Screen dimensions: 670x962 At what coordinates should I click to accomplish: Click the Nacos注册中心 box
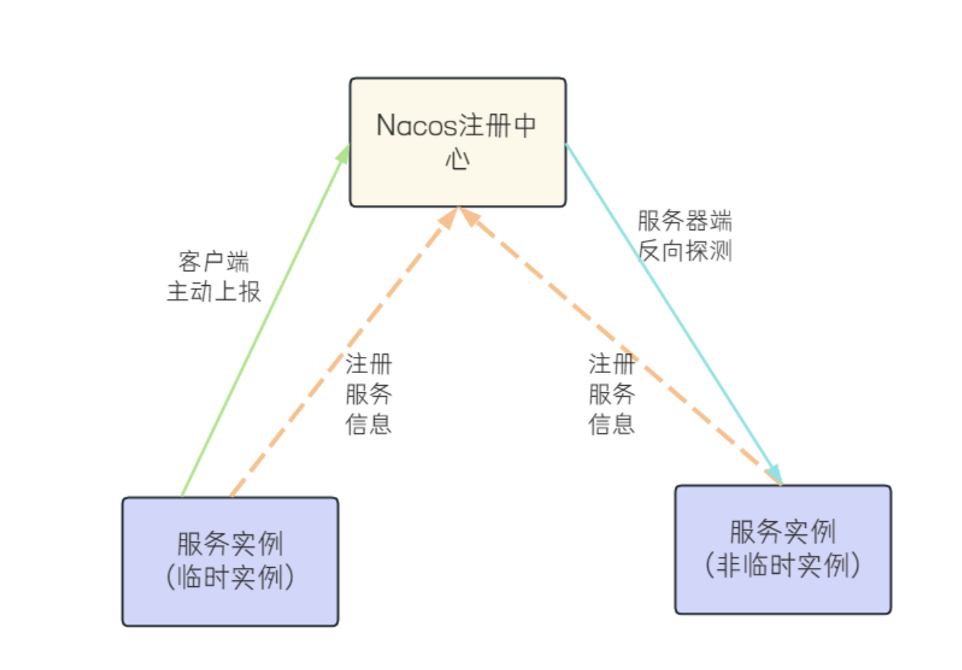click(458, 142)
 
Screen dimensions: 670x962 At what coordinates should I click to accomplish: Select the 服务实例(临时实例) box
click(230, 561)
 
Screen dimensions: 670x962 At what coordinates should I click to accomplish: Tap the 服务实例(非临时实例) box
click(783, 549)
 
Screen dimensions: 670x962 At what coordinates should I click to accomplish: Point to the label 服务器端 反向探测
click(685, 236)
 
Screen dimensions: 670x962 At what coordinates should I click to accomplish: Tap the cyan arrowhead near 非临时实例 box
click(774, 472)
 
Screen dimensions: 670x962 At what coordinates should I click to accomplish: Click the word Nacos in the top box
click(417, 126)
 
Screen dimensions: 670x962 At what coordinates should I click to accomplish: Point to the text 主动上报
click(214, 292)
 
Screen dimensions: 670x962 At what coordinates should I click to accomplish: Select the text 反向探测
click(685, 251)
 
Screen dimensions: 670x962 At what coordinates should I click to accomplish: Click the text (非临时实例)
click(783, 566)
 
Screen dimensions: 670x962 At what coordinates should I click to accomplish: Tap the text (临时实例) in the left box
click(230, 578)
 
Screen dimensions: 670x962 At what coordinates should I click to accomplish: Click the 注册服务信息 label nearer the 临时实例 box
click(369, 394)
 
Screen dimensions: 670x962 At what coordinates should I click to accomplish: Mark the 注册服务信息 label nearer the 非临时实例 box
click(612, 394)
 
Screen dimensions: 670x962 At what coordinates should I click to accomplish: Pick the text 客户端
click(214, 261)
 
